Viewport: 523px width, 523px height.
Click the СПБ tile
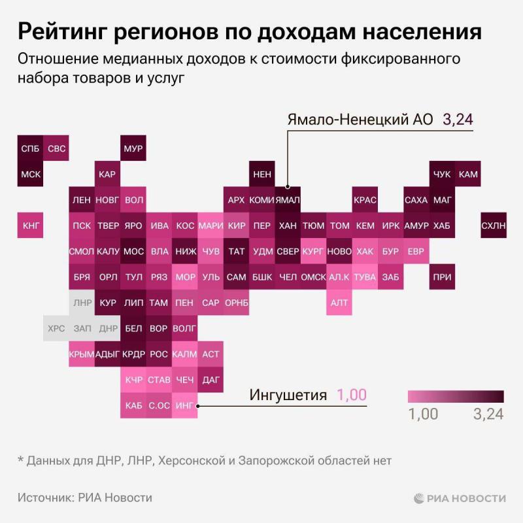[x=30, y=148]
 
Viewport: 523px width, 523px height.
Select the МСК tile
[x=30, y=175]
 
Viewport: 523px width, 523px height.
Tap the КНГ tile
[x=30, y=226]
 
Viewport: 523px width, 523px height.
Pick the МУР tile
[x=133, y=148]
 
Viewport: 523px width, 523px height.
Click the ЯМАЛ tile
[x=288, y=200]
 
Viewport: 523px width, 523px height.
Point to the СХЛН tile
[x=493, y=226]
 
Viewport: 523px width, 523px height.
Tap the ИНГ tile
[x=184, y=405]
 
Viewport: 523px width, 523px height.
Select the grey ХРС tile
[x=56, y=328]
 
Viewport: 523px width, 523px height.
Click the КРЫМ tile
[x=82, y=354]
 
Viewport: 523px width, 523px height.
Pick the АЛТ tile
[x=339, y=303]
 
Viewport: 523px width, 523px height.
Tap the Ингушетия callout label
[x=288, y=395]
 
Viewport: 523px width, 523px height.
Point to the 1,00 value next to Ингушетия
[x=352, y=395]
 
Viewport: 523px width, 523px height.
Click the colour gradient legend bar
[x=456, y=396]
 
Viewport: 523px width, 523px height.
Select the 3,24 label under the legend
[x=488, y=414]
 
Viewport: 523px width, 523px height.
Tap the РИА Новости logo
[x=460, y=498]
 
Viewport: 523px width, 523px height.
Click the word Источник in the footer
[x=44, y=498]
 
